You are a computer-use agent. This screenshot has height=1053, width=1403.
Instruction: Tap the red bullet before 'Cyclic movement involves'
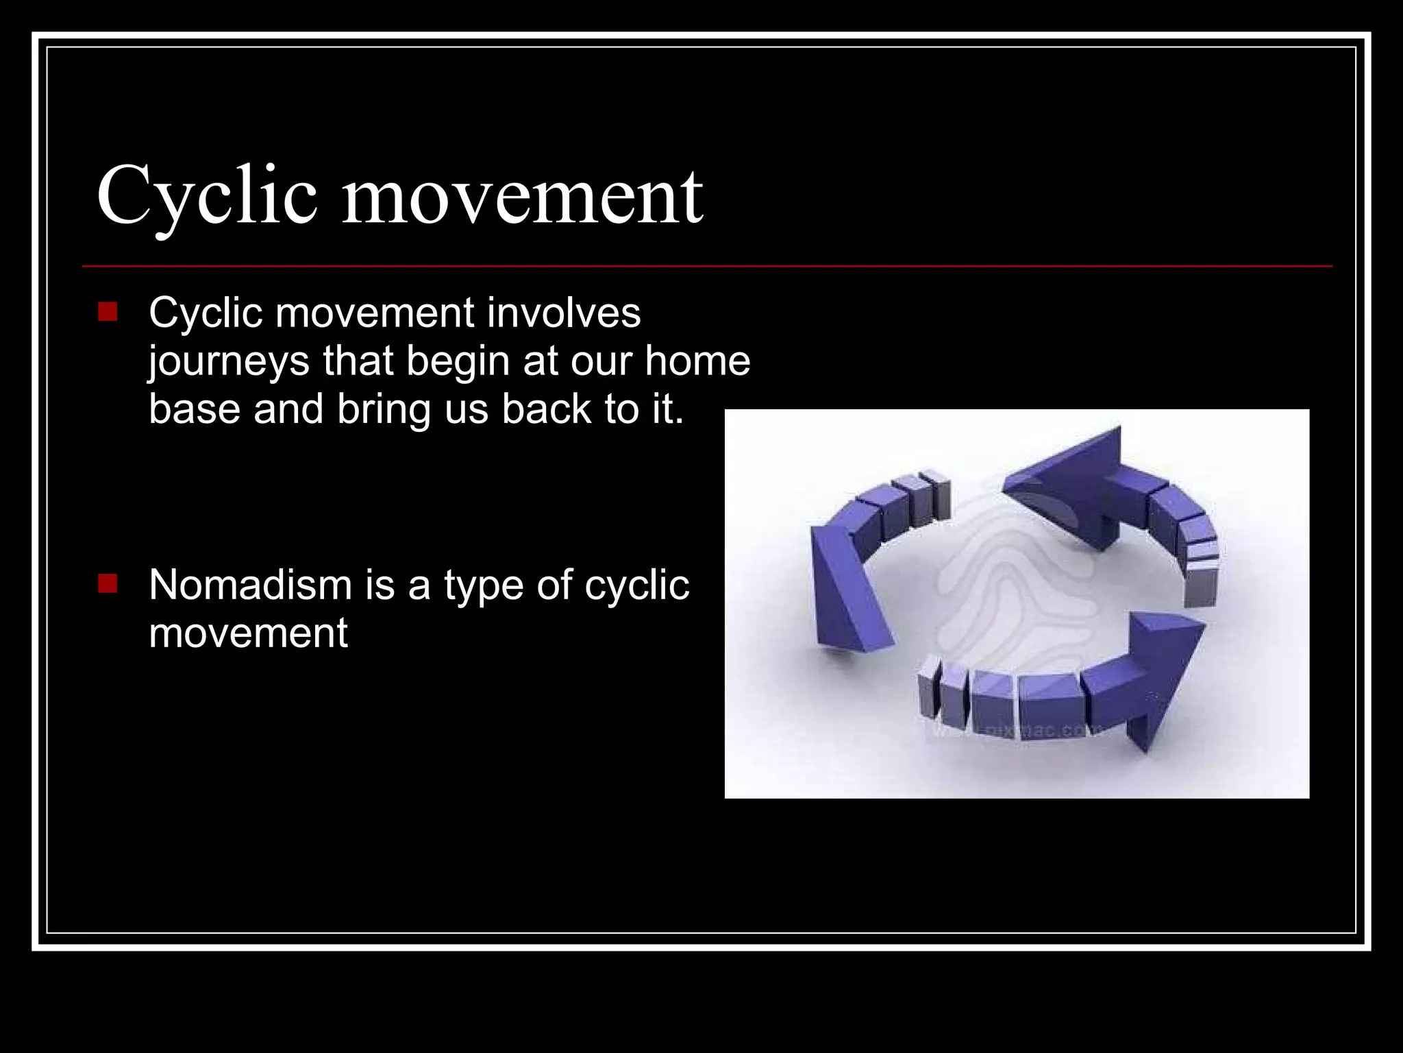pos(108,312)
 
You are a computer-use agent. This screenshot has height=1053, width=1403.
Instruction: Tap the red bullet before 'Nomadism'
pos(108,584)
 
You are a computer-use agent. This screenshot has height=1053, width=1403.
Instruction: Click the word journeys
pos(229,362)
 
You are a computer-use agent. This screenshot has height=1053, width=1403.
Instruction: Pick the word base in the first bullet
pos(195,409)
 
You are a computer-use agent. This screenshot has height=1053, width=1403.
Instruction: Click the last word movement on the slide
pos(248,633)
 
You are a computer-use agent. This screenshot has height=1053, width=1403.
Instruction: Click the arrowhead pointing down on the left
pos(846,590)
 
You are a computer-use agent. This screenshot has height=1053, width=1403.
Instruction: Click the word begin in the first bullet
pos(459,362)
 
